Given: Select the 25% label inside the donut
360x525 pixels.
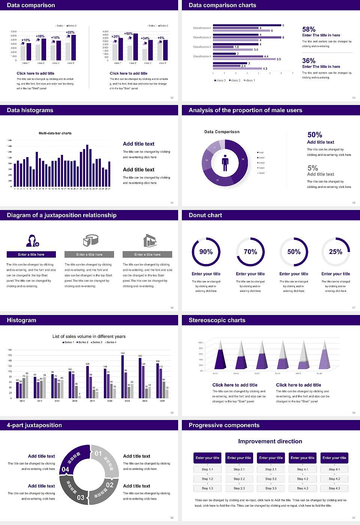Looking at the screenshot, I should [x=336, y=252].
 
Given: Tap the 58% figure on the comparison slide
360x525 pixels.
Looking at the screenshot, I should [x=309, y=29].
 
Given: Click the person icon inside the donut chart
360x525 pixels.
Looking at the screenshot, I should [x=225, y=162].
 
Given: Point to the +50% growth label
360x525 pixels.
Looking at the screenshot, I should [x=128, y=33].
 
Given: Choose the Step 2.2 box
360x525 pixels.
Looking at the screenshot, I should [x=239, y=479].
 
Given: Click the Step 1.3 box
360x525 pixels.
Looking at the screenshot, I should [x=207, y=488].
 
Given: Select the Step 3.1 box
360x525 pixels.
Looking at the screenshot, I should [x=271, y=469].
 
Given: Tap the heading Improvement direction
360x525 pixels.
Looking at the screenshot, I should [x=270, y=441].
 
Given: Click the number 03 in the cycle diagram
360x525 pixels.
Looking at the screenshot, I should [x=81, y=497].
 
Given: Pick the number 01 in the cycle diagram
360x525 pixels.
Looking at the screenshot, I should [x=98, y=453].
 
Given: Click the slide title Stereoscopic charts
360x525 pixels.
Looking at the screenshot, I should [x=217, y=320].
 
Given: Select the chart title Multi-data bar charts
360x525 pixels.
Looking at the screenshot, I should [x=55, y=133].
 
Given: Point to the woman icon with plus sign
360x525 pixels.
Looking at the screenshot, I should [x=32, y=240].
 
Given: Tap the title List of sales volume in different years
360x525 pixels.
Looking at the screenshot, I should [x=89, y=336].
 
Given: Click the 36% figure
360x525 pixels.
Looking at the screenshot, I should [x=309, y=61].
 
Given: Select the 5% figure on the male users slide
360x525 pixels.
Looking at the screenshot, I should [x=312, y=168].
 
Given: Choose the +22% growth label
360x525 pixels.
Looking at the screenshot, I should [x=70, y=32].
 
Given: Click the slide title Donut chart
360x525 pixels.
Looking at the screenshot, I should [x=205, y=215].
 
